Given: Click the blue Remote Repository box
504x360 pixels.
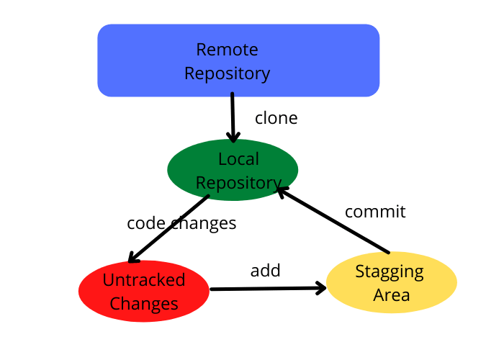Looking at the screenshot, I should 238,61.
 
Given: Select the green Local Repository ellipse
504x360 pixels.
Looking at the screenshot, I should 233,171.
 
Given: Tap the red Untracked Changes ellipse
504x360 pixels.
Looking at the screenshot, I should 144,291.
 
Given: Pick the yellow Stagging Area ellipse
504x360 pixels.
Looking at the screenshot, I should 392,282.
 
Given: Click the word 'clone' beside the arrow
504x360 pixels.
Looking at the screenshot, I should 276,118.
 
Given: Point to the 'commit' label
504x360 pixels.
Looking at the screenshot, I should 375,212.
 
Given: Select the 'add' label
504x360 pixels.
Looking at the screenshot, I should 265,271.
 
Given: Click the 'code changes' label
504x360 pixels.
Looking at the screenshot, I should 181,223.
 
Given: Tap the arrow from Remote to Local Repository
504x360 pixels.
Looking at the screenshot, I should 233,115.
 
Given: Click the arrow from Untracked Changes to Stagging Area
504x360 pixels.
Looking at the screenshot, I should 266,289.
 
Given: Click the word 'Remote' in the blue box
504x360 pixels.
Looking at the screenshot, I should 227,50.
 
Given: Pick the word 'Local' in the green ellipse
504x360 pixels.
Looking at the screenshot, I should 238,159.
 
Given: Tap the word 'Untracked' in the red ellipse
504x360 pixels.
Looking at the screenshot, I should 144,279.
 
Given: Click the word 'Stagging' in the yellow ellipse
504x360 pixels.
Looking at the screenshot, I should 390,271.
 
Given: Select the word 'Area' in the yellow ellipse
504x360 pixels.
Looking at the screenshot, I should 392,294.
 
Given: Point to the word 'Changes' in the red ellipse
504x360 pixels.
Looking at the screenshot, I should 144,303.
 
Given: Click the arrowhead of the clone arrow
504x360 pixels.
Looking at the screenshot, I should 233,136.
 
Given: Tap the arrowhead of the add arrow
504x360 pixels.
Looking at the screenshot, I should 320,288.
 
